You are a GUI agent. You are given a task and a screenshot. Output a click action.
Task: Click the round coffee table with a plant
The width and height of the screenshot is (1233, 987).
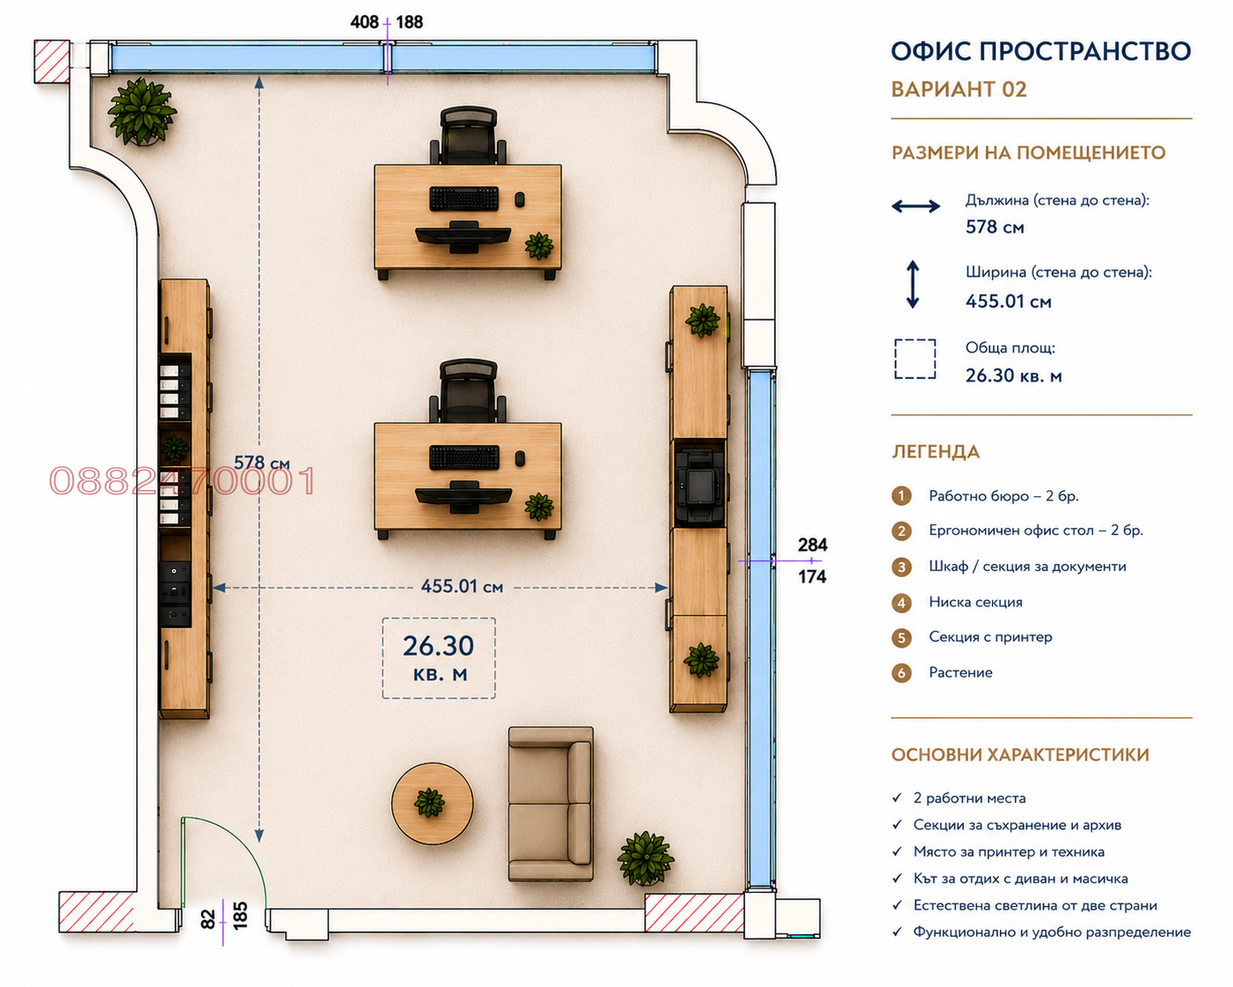click(432, 803)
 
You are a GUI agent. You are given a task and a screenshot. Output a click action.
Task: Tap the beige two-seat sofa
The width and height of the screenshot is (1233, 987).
click(551, 803)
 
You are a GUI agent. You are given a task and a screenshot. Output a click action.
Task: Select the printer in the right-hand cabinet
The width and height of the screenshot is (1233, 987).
click(699, 485)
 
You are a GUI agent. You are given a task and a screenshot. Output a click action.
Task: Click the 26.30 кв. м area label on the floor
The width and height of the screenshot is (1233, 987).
click(438, 657)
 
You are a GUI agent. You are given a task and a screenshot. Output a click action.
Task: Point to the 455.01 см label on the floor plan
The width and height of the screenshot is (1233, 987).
click(462, 587)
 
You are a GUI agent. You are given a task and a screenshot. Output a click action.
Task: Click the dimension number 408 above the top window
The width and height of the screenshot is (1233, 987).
click(364, 22)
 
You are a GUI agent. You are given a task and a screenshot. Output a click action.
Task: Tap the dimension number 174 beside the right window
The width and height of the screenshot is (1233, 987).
click(812, 576)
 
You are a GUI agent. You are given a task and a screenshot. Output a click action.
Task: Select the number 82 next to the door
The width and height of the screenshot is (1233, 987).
click(208, 919)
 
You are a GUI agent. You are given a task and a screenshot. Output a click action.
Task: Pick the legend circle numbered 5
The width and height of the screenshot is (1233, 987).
click(901, 638)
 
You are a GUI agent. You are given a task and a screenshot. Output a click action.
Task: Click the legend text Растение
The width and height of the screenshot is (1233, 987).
click(960, 672)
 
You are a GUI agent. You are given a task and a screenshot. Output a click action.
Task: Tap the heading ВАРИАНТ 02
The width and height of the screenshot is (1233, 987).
click(959, 90)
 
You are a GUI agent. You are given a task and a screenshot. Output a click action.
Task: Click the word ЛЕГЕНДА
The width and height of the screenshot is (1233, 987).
click(936, 451)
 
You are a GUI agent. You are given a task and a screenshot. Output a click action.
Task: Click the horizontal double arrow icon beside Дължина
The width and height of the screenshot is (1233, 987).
click(916, 207)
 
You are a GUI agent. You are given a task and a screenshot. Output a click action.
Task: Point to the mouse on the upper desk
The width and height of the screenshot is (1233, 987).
click(520, 200)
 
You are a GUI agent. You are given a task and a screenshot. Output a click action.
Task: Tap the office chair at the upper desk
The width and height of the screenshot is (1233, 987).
click(468, 135)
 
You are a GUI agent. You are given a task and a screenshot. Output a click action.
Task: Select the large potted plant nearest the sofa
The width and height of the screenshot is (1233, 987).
click(646, 859)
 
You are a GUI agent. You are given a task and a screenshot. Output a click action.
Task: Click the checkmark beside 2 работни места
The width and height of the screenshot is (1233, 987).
click(897, 798)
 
